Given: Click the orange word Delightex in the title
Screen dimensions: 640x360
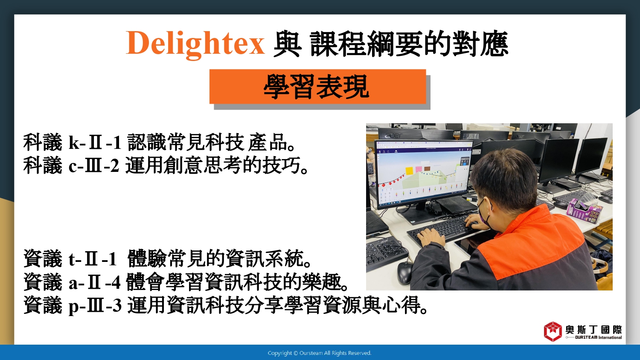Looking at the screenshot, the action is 195,44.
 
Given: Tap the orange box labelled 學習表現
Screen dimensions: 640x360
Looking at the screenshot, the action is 318,87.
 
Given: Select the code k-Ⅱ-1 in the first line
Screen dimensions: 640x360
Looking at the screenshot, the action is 95,142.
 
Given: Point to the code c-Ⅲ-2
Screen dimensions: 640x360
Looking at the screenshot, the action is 94,166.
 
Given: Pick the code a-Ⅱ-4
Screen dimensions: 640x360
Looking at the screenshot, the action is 94,282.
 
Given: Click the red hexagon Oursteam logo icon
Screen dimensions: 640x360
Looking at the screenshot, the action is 553,331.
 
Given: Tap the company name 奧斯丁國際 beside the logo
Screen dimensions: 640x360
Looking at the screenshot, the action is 594,330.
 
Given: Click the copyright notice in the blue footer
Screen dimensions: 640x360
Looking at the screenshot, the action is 320,353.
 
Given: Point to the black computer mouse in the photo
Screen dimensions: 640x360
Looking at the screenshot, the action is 404,273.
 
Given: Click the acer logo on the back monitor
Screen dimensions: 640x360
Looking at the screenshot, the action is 393,136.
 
